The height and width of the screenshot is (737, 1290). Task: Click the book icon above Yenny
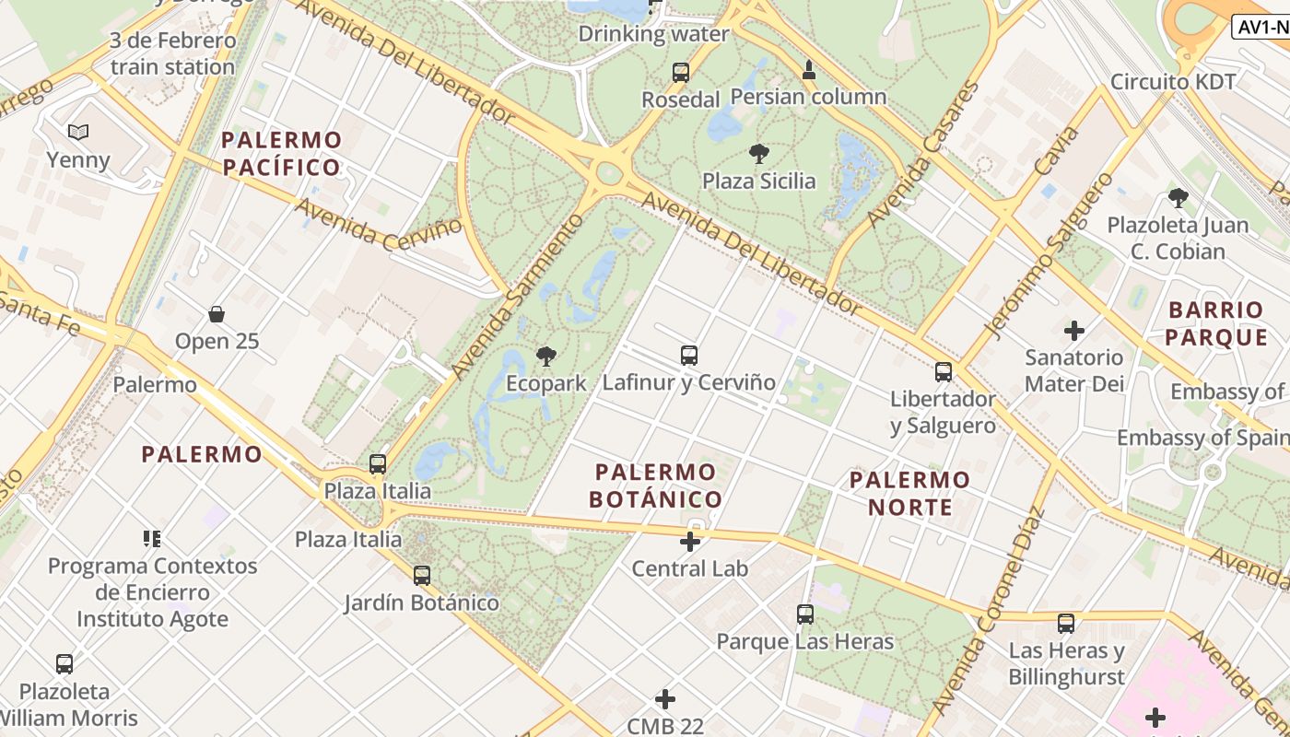(78, 133)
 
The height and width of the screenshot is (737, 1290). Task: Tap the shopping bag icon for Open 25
(217, 314)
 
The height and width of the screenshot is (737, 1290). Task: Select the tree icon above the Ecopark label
(546, 356)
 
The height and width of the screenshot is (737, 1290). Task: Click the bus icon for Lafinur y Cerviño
(688, 355)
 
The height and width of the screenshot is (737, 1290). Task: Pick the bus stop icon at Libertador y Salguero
(943, 372)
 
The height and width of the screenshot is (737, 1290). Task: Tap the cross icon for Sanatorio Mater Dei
(1073, 330)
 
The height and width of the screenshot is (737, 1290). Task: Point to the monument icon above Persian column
(808, 70)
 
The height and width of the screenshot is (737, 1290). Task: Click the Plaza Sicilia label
(758, 181)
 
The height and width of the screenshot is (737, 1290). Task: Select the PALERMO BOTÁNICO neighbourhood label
(656, 485)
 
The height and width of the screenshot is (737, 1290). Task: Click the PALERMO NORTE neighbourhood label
(909, 493)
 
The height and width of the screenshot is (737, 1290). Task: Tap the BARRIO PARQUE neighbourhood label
(1216, 323)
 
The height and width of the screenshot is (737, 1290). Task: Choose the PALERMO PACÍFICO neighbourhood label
(281, 154)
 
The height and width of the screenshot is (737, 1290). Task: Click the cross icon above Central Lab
(689, 542)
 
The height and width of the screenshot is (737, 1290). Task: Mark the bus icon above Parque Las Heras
(804, 614)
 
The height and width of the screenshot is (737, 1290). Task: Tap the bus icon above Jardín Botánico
(421, 576)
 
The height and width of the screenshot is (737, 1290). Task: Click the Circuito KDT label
(1172, 81)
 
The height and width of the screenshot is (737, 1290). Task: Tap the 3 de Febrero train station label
(172, 53)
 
